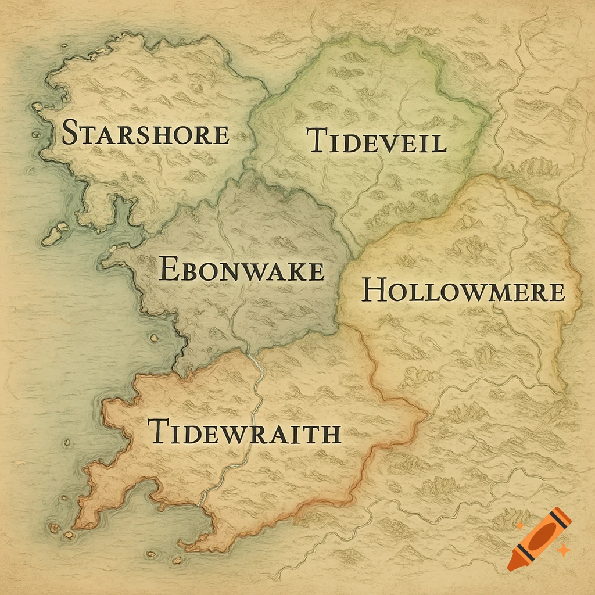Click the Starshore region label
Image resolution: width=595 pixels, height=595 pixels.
tap(145, 132)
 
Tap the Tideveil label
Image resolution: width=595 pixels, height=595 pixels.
tap(377, 141)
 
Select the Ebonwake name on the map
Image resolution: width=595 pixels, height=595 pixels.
tap(241, 271)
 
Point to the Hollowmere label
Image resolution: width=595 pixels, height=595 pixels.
tap(463, 291)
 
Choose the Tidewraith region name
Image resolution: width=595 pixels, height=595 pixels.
tap(244, 433)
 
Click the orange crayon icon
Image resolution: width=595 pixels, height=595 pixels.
tap(537, 537)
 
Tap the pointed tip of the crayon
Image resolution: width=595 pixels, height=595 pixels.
tap(511, 565)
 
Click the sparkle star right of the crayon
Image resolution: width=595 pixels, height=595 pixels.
tap(562, 549)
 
